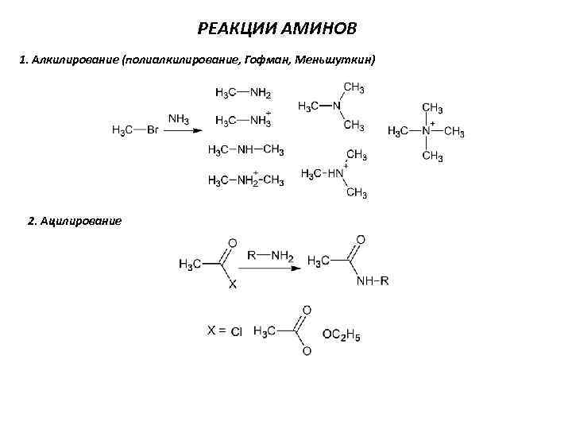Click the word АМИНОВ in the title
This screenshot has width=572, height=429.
320,29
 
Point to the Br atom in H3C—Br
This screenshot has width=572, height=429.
153,130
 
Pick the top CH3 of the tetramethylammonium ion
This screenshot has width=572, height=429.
433,106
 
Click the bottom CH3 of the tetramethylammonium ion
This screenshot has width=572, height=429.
433,157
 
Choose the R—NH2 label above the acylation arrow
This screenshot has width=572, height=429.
270,256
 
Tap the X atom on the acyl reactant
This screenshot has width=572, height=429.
233,284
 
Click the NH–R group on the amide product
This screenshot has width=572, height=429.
372,280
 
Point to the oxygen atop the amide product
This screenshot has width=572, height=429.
361,239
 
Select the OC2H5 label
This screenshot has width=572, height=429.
342,336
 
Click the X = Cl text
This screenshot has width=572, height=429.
226,332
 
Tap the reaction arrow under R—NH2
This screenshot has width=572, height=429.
269,268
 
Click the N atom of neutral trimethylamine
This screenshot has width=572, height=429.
337,106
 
